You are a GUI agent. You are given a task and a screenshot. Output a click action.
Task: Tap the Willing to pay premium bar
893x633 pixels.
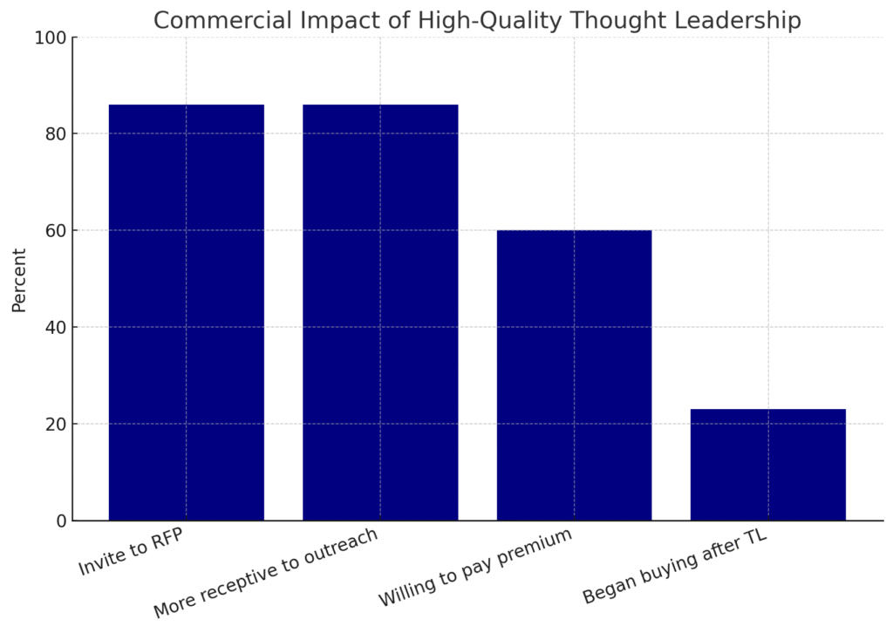[574, 375]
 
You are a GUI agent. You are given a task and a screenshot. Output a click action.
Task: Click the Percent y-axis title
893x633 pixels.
[19, 280]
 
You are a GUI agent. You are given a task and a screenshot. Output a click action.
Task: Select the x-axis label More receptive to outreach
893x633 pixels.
[265, 573]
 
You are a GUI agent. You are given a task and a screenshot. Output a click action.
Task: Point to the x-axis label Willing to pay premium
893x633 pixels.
[474, 568]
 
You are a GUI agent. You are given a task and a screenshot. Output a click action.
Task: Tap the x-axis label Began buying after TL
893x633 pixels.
[675, 566]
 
